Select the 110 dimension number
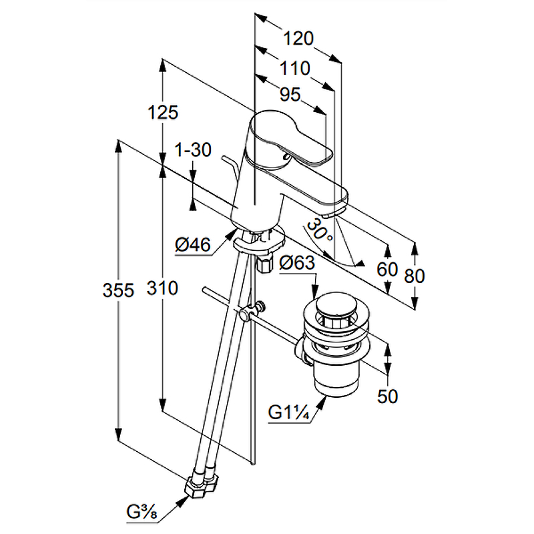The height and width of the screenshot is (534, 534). pyautogui.click(x=294, y=68)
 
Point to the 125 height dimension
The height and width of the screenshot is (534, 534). pyautogui.click(x=164, y=112)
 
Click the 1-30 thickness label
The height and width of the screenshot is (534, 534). pyautogui.click(x=193, y=150)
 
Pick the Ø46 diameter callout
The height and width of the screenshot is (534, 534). pyautogui.click(x=193, y=246)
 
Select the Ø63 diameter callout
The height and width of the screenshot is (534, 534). pyautogui.click(x=297, y=263)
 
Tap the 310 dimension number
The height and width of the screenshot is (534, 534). pyautogui.click(x=164, y=288)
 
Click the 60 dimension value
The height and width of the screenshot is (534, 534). pyautogui.click(x=387, y=270)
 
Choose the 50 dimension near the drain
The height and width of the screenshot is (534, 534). pyautogui.click(x=387, y=396)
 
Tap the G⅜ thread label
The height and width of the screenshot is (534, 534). pyautogui.click(x=142, y=513)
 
